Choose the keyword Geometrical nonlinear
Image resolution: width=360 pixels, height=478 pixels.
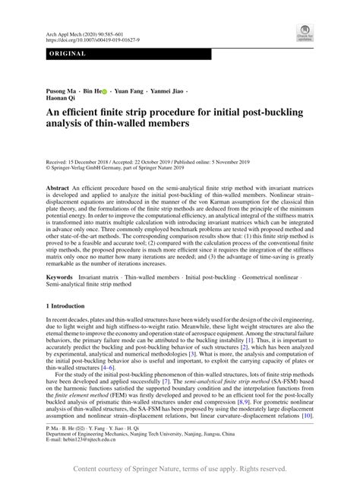tap(274, 278)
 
